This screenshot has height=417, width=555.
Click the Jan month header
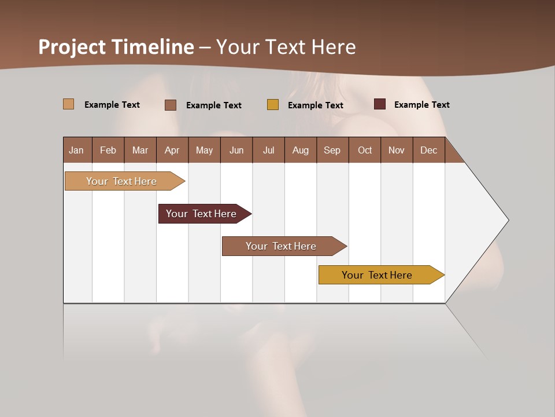coord(77,150)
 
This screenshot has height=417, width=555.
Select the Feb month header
coord(108,150)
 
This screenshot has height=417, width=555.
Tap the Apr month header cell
coord(172,150)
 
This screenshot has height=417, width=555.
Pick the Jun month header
coord(236,150)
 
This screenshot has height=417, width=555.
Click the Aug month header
coord(301,150)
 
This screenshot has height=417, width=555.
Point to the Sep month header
coord(332,150)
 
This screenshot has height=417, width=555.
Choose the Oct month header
coord(365,150)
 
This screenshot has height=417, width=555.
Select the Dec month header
coord(429,150)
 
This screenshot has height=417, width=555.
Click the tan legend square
coord(69,104)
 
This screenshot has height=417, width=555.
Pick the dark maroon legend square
coord(380,104)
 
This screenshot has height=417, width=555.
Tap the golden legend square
coord(273,105)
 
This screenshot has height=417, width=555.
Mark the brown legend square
coord(171,105)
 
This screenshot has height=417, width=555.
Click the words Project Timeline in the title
coord(116,47)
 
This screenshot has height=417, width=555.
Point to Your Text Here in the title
coord(286,47)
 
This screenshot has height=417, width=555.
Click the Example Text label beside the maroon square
coord(421,105)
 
